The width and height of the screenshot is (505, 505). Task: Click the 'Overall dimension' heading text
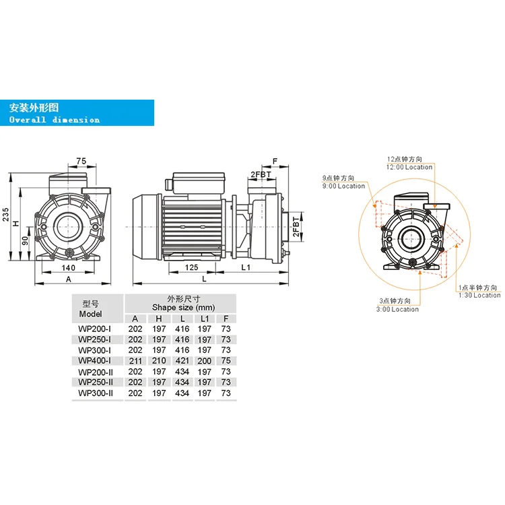(x=55, y=120)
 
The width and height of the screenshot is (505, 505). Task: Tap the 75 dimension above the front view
(x=81, y=162)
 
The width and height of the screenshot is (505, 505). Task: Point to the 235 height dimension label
(x=7, y=214)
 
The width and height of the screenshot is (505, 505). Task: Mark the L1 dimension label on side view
(x=246, y=268)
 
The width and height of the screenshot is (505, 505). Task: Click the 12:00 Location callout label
(x=409, y=166)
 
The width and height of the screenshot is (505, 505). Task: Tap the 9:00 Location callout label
(x=343, y=186)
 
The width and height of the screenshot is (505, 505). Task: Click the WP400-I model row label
(x=95, y=361)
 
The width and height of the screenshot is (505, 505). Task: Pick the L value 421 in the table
(x=181, y=361)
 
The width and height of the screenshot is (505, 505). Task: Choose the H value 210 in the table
(x=158, y=361)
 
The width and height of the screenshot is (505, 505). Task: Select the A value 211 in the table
(x=135, y=361)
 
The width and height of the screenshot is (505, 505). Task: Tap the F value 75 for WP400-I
(x=226, y=361)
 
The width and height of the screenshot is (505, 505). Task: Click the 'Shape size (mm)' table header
(x=180, y=308)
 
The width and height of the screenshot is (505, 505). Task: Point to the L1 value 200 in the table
(x=204, y=361)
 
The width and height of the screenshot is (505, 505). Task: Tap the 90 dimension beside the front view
(x=26, y=240)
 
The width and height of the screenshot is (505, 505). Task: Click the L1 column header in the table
(x=204, y=318)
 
